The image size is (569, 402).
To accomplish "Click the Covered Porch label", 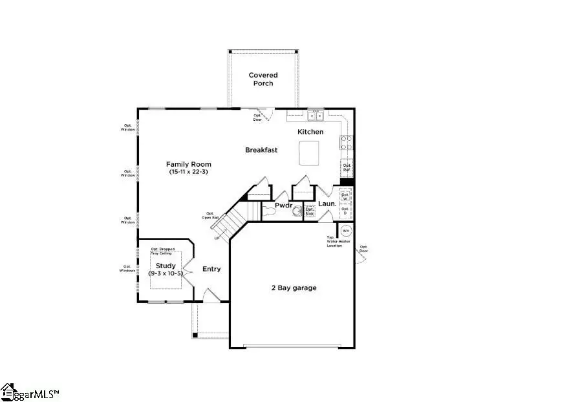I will (x=263, y=79).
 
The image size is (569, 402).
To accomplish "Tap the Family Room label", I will (x=188, y=164).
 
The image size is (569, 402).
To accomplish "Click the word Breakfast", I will (x=261, y=150).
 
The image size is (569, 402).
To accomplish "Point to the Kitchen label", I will (x=310, y=132).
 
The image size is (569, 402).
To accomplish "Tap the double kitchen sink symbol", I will (x=316, y=116).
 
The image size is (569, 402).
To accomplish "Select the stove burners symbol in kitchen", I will (x=347, y=142).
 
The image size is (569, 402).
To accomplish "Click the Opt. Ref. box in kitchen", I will (x=347, y=168).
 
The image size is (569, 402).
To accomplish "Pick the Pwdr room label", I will (x=284, y=206).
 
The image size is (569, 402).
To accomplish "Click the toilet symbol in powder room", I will (x=268, y=210).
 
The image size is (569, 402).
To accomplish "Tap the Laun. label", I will (x=328, y=204).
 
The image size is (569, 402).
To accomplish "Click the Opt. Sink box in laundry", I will (x=310, y=211).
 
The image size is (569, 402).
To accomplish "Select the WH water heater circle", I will (x=346, y=230).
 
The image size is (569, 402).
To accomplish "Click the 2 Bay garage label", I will (x=294, y=288).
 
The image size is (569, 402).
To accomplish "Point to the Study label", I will (x=166, y=266).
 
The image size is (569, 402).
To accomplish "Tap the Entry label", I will (x=211, y=270).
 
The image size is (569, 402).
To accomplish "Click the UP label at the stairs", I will (x=217, y=239).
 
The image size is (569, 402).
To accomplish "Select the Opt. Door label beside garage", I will (x=364, y=249).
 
